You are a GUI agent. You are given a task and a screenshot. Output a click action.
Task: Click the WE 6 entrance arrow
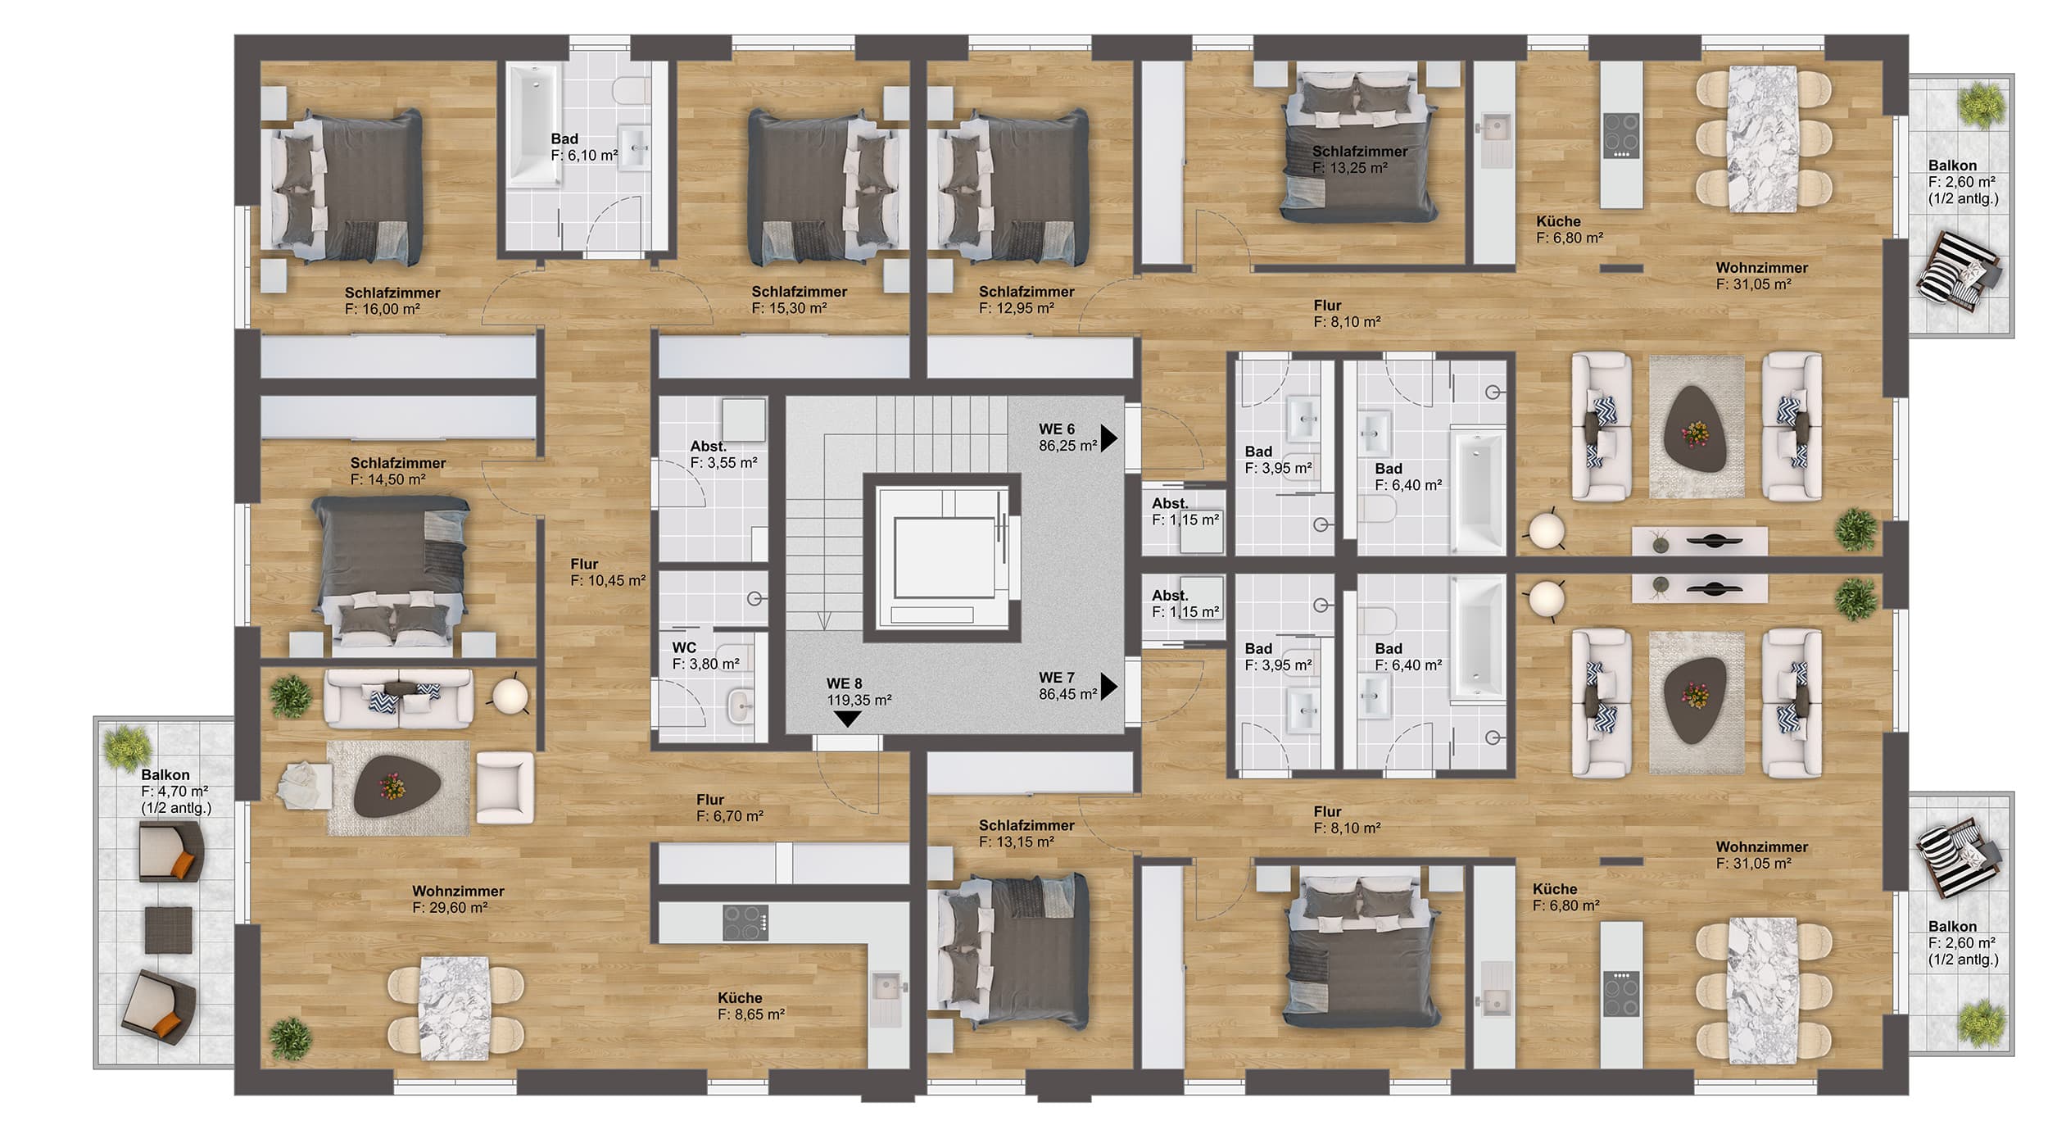1108,438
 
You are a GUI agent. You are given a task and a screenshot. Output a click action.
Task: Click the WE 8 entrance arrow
847,719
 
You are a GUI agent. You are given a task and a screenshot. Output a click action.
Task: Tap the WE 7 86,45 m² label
1067,686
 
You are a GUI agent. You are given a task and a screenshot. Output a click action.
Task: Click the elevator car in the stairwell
941,556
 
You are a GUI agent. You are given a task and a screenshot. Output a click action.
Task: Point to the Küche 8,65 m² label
751,1005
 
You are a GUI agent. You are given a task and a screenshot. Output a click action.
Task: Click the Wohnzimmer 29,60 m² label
458,899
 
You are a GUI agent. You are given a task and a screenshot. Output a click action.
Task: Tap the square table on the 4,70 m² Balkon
168,929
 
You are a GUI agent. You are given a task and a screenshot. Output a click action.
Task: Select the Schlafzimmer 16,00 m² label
392,301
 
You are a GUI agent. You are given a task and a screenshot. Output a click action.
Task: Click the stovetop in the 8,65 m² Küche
745,922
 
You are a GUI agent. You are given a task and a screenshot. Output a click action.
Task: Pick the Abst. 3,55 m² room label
723,455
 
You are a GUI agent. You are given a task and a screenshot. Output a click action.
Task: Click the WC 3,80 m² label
705,656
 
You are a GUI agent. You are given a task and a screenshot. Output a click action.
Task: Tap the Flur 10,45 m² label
608,572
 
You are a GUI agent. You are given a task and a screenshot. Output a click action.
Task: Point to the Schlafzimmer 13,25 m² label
1360,160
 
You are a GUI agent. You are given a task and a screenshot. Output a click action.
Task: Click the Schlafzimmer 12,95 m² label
1026,300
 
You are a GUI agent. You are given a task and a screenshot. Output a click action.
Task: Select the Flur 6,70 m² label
730,808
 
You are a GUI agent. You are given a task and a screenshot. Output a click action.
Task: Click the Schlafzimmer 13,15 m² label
1026,833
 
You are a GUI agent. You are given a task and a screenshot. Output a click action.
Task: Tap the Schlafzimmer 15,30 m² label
800,300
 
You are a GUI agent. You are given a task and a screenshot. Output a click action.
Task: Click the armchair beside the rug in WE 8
505,787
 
